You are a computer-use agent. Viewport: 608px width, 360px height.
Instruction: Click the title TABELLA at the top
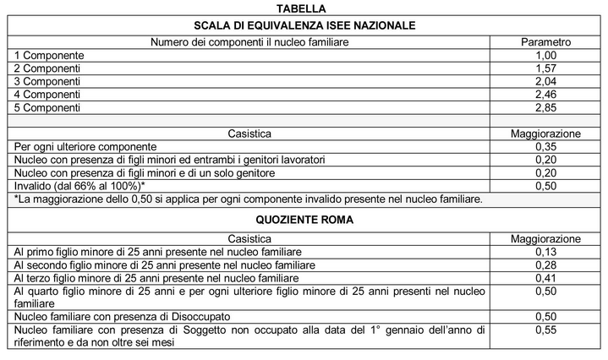[304, 8]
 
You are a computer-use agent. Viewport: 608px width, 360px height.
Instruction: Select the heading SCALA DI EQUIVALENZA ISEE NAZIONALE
[304, 25]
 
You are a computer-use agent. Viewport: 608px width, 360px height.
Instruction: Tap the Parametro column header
[545, 41]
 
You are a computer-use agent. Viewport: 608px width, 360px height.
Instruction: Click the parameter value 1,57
[545, 68]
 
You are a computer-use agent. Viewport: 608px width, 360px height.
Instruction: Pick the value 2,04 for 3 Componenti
[545, 81]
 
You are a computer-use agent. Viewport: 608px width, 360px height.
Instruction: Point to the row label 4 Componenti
[47, 95]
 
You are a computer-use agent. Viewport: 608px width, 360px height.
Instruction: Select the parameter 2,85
[545, 108]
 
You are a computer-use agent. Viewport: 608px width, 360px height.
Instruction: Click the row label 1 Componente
[48, 54]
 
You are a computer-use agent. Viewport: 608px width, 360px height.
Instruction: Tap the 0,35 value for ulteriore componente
[545, 146]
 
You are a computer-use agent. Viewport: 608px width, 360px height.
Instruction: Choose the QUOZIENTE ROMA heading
[304, 219]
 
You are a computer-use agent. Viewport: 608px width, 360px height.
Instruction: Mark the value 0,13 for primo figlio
[545, 252]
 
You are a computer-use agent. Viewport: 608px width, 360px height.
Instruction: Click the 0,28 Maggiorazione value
[545, 265]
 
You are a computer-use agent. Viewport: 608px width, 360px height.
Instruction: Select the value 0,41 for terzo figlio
[545, 278]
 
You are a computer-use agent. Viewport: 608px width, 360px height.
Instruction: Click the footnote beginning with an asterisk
[248, 199]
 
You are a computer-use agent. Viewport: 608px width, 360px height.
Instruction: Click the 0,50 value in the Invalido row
[545, 186]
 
